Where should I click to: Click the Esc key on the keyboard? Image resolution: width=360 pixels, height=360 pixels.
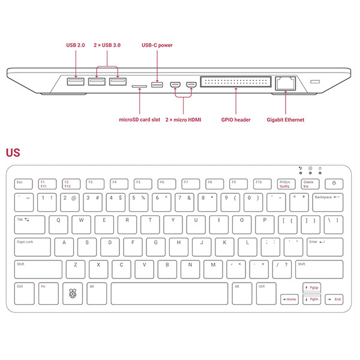coord(23,183)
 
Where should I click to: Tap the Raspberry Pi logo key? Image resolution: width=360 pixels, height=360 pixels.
coord(74,294)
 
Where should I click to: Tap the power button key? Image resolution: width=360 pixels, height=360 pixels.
coord(334,183)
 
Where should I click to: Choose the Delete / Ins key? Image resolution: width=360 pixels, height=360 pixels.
coord(309,183)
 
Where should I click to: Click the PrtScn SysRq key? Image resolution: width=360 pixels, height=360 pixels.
coord(286,183)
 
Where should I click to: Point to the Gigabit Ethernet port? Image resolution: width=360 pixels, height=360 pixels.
coord(285,83)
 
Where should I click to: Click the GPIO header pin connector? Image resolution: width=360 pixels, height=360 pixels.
coord(235,83)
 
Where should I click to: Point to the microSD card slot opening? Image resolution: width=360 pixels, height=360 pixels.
coord(139,86)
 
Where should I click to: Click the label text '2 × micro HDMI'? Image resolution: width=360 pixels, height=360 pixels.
coord(183,120)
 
